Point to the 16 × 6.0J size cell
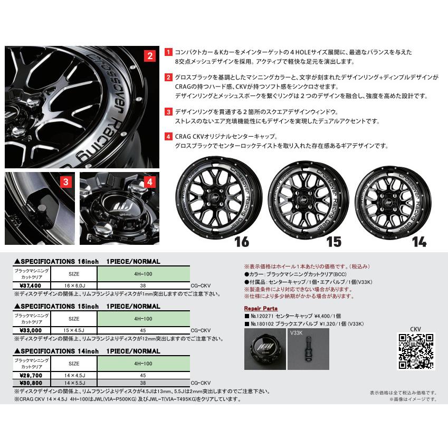click(74, 285)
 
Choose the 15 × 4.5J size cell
click(74, 330)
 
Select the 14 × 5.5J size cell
click(74, 382)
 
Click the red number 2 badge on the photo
click(150, 56)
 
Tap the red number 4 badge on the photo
click(150, 183)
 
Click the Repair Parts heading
click(261, 308)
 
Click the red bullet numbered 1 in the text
click(168, 53)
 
